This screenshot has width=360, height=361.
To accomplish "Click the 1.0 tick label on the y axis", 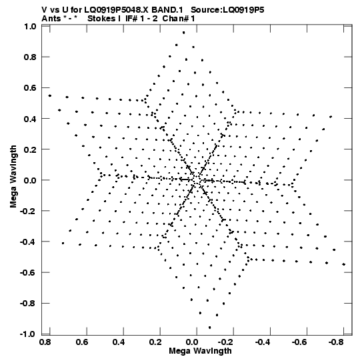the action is coord(31,27).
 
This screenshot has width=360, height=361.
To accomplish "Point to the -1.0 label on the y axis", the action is coord(28,334).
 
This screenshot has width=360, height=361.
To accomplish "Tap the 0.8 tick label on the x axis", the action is coord(45,342).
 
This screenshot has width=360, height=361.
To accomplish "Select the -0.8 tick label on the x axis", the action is coord(336,342).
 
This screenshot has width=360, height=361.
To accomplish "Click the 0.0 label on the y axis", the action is coord(31,180).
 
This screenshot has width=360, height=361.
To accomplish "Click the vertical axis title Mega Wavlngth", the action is coord(13,177).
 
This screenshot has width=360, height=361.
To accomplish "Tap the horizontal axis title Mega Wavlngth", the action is coord(200,351).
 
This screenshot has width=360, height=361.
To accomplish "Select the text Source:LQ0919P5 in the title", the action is coord(227,10).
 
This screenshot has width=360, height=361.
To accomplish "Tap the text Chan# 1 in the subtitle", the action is coord(179,19).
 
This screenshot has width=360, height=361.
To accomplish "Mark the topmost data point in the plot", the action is coord(183,33).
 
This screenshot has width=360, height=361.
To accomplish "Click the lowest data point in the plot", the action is coord(209,328).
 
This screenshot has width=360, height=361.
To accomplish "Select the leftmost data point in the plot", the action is coord(50,95).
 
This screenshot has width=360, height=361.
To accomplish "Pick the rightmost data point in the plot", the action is coord(344,264).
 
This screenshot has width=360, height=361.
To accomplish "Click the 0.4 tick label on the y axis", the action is coord(31,119).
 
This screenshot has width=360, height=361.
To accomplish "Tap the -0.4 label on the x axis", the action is coord(263,342).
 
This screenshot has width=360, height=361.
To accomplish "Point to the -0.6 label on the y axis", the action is coord(28,273).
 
